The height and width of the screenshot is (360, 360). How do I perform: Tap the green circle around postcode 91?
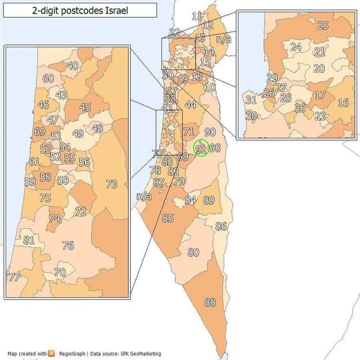coord(201,148)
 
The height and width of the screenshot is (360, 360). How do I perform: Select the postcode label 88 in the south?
coord(210,303)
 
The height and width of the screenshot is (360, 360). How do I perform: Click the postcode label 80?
coord(193,253)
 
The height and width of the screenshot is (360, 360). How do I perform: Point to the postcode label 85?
coord(168,218)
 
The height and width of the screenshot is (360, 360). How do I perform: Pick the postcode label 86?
coord(220,226)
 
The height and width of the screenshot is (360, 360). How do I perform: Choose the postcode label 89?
coord(209,200)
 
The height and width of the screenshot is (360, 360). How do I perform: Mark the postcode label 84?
coord(191,200)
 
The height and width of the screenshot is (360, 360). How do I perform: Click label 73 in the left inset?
coord(111,184)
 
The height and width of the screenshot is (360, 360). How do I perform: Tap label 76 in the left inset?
coord(68,245)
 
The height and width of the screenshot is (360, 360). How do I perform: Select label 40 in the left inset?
coord(73,66)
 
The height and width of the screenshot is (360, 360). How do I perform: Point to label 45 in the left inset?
coord(85,107)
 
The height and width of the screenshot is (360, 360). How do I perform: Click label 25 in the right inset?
coord(322,25)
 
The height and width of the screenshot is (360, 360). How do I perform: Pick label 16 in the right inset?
coord(343,102)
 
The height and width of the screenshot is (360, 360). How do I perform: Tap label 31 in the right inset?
coord(251,100)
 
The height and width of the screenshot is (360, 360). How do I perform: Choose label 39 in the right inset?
coord(251,116)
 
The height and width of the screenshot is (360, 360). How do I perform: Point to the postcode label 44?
coord(190,105)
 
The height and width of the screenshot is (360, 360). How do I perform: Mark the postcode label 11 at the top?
coord(197,16)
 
